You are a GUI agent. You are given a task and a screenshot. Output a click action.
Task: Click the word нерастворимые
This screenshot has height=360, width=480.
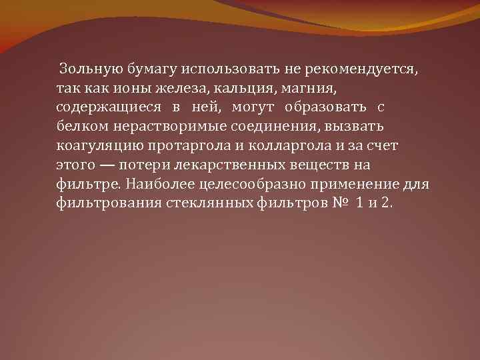(170, 127)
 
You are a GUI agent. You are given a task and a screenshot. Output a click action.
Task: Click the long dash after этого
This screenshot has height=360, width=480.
(100, 165)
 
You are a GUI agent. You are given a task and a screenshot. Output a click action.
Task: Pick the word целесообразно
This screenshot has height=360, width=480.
(255, 185)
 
